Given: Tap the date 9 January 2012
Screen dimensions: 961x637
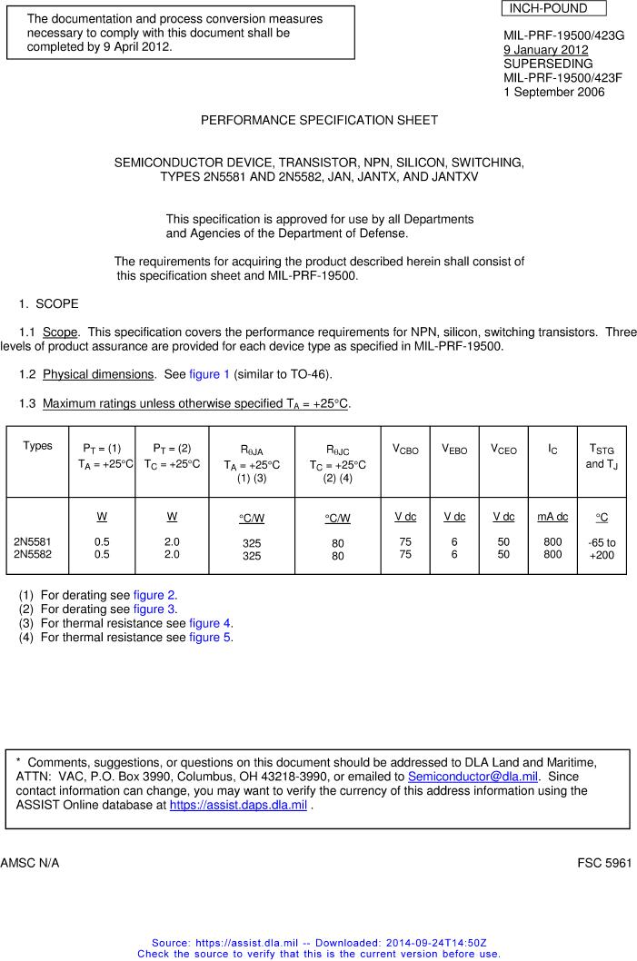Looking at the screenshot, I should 546,50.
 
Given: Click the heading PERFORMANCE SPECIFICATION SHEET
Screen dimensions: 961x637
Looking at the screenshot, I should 319,120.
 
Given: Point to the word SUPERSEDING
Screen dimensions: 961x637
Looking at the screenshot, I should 548,64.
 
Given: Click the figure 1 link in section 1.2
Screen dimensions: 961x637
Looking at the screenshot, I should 210,374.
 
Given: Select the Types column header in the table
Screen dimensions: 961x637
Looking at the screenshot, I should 37,446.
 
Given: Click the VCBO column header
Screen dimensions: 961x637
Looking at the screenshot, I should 405,450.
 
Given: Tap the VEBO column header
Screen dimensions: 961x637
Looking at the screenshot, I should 454,450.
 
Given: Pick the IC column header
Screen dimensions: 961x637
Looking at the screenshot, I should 552,450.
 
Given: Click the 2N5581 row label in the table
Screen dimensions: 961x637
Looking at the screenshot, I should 32,542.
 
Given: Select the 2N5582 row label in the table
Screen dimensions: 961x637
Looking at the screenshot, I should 32,554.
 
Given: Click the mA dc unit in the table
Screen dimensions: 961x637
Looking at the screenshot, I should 552,517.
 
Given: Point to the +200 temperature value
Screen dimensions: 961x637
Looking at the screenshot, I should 602,555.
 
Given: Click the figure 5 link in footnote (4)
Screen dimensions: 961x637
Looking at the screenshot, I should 210,637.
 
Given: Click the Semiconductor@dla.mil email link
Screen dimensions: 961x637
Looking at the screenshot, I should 473,777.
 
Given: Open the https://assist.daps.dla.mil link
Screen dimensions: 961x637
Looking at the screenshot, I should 238,806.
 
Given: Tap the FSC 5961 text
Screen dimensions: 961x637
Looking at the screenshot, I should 604,863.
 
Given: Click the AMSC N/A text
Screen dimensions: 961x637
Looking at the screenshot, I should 30,863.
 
